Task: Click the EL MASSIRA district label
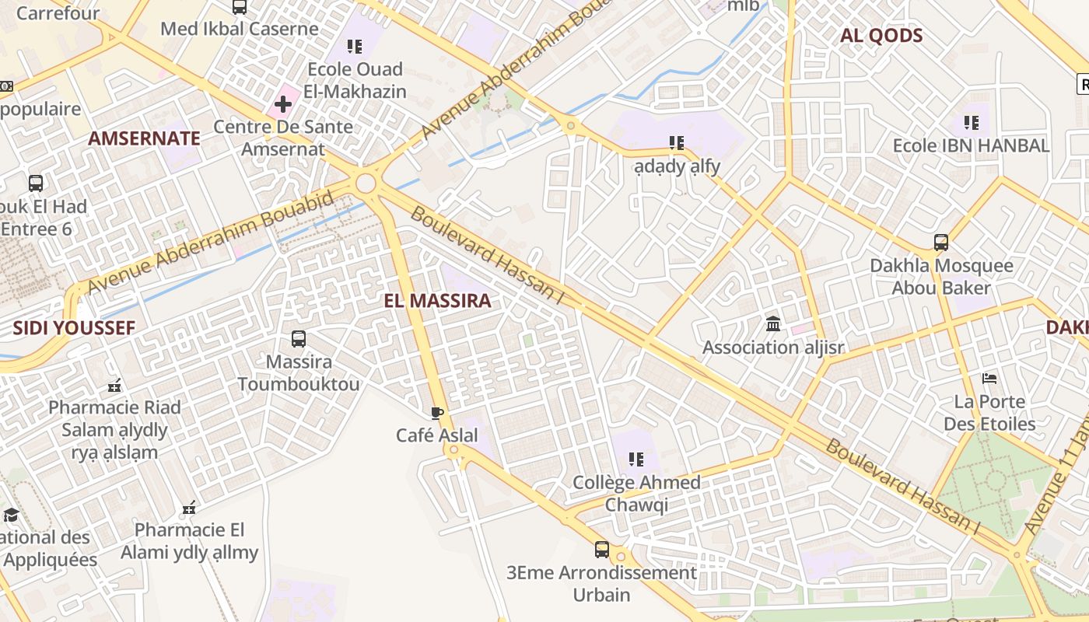click(437, 301)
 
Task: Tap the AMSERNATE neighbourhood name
click(144, 138)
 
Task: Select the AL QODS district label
click(881, 35)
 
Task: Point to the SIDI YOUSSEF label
click(74, 327)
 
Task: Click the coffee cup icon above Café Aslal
click(437, 413)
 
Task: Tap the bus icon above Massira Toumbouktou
click(299, 339)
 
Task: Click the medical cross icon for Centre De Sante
click(282, 103)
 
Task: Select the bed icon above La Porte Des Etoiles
click(989, 379)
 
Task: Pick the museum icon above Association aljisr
click(773, 323)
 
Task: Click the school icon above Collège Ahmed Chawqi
click(636, 459)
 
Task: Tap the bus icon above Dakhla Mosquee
click(941, 243)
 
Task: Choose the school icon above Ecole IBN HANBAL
click(971, 122)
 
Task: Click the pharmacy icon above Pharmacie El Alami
click(188, 508)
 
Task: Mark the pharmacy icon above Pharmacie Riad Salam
click(114, 384)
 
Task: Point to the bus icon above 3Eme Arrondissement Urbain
click(602, 550)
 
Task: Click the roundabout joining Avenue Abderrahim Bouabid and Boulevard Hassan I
click(365, 183)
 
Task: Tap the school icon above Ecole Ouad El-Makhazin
click(355, 46)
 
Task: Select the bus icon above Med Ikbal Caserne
click(240, 7)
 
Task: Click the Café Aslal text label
click(437, 435)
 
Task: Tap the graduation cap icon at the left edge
click(11, 515)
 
